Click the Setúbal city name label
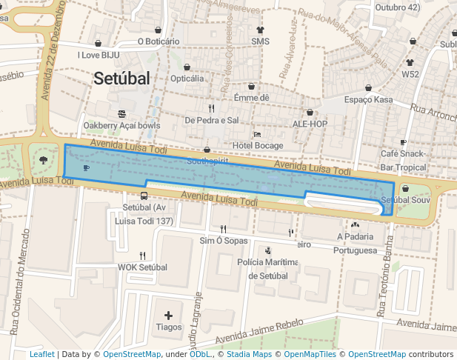click(x=121, y=79)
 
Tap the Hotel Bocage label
click(x=258, y=145)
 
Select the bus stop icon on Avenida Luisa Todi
click(x=144, y=196)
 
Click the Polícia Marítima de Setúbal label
click(x=267, y=269)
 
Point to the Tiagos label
click(x=169, y=327)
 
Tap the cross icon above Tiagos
click(x=169, y=316)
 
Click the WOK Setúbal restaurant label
click(x=143, y=267)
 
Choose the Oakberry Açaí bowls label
click(x=121, y=125)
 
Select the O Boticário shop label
click(x=159, y=41)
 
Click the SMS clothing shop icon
click(x=260, y=30)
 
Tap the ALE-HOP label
click(x=310, y=124)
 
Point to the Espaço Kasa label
click(x=368, y=99)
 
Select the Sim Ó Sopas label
click(x=224, y=241)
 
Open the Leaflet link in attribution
click(x=41, y=355)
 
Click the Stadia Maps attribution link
click(x=248, y=355)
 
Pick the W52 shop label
click(x=410, y=74)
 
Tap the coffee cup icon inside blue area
click(x=86, y=168)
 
